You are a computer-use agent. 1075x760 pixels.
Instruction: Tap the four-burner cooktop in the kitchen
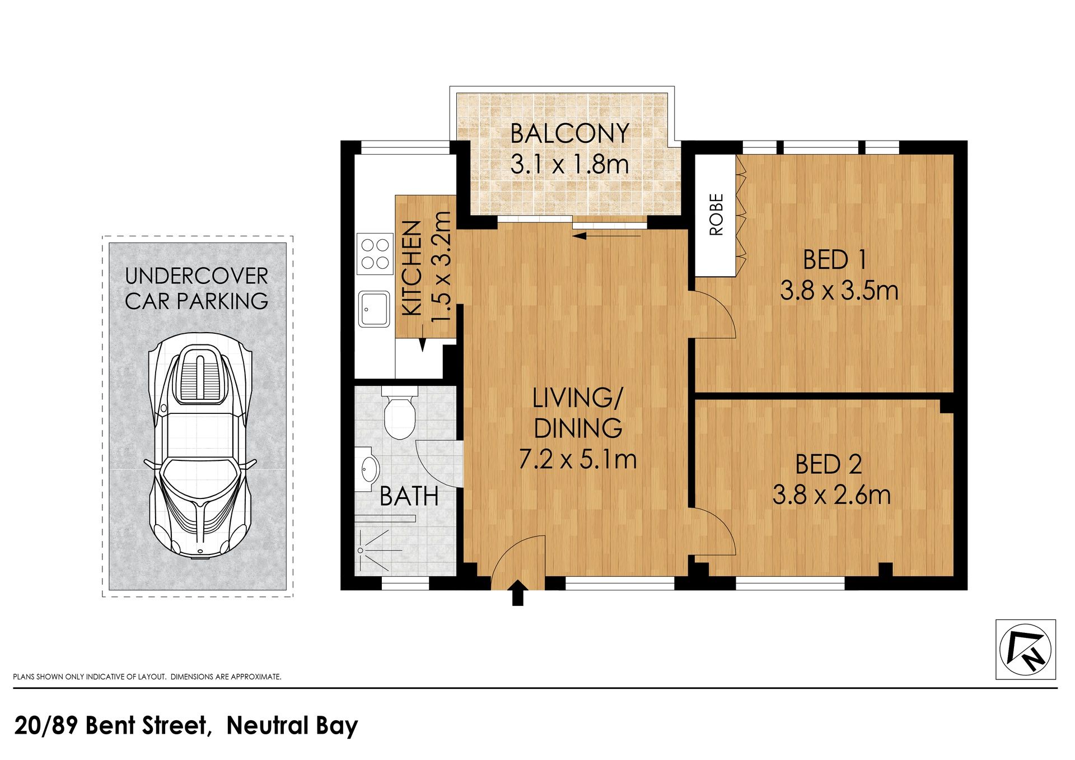(375, 254)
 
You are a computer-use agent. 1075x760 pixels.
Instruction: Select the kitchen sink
(375, 309)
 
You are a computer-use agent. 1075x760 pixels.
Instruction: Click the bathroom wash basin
(368, 468)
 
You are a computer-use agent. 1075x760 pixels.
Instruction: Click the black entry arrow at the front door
(518, 593)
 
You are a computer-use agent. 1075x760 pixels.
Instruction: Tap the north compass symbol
(1025, 650)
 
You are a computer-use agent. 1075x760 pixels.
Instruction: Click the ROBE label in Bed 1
(716, 215)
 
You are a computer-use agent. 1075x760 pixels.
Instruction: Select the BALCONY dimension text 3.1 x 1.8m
(570, 164)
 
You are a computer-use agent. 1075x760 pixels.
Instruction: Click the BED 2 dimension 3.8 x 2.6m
(831, 495)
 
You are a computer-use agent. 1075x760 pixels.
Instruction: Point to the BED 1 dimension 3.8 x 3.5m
(839, 291)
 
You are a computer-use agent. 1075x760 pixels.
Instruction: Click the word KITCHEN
(412, 268)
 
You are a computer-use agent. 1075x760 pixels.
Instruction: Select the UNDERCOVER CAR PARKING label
(197, 288)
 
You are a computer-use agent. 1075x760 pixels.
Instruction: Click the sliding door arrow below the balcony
(607, 236)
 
